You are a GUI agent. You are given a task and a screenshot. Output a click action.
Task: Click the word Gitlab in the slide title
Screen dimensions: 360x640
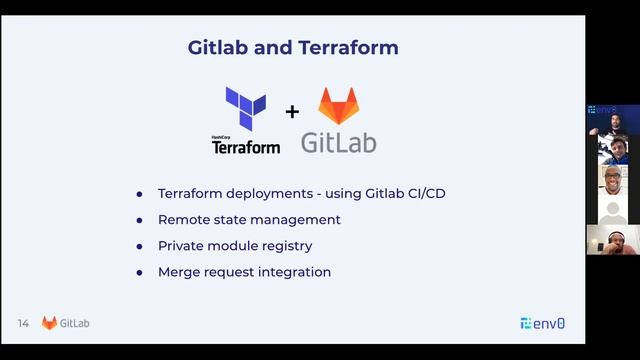click(218, 47)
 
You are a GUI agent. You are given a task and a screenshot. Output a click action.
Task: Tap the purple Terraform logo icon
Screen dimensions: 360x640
click(245, 108)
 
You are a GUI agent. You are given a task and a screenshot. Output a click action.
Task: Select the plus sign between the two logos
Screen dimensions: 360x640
click(292, 111)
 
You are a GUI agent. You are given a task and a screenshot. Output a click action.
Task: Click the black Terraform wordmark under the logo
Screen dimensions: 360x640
click(245, 147)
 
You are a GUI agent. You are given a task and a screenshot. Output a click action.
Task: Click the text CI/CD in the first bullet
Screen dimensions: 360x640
click(424, 193)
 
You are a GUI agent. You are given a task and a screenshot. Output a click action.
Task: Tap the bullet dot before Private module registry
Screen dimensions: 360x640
click(140, 246)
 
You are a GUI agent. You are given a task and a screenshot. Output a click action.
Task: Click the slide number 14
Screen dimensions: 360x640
click(23, 323)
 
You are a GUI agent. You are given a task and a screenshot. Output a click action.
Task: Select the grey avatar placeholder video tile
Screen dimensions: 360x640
click(612, 210)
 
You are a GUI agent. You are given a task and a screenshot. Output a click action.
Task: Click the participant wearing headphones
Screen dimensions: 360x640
click(612, 240)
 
